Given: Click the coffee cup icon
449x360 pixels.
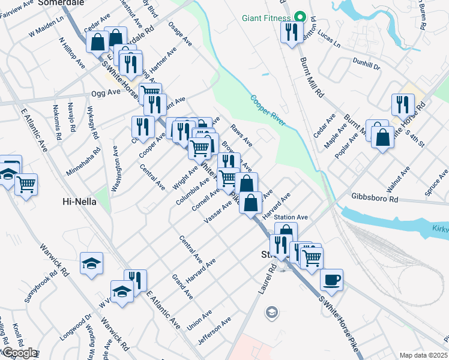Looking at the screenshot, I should coord(331,280).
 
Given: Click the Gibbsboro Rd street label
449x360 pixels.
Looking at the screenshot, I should coord(376,198).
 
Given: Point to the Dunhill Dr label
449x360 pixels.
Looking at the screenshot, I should coord(367,64).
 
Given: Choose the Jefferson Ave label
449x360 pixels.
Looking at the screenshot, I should coord(214,332).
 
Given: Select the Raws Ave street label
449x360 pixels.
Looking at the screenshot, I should coord(242,136).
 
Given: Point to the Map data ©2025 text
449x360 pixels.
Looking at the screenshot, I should coord(423,355).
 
